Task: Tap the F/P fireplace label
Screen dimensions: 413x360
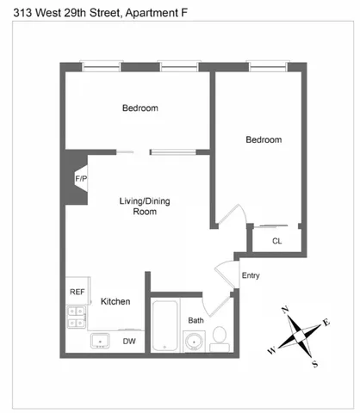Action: coord(82,178)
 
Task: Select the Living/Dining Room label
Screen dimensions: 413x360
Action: coord(144,206)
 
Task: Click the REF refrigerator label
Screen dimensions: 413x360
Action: coord(77,292)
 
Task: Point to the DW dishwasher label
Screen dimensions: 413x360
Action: coord(129,342)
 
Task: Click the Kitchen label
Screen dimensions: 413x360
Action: coord(115,302)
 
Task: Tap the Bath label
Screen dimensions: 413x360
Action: coord(196,321)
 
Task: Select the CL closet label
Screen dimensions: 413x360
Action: coord(276,242)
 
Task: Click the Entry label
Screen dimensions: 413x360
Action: coord(251,276)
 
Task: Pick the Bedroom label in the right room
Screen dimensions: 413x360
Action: coord(264,140)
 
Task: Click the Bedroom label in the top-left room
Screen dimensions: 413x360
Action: coord(140,108)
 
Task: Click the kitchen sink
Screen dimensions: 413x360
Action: coord(101,341)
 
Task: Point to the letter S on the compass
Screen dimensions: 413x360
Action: coord(314,363)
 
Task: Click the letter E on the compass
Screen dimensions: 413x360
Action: coord(326,323)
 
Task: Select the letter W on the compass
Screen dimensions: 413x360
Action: coord(272,350)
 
